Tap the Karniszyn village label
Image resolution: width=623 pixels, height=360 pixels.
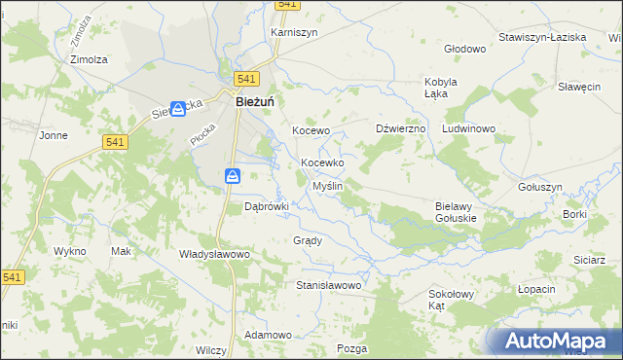point(294,32)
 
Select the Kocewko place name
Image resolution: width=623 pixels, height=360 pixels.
point(322,162)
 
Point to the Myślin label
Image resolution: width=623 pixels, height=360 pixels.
point(326,186)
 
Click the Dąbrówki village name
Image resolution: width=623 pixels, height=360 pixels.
point(267,206)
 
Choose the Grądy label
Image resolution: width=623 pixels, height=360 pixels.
point(307,240)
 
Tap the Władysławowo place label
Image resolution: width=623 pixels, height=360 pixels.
point(215,254)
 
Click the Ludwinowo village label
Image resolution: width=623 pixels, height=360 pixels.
point(469,128)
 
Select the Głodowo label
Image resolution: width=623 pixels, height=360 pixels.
point(464,48)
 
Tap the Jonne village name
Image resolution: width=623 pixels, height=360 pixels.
point(53,135)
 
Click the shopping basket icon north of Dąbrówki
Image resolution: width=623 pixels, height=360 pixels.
point(233,175)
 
